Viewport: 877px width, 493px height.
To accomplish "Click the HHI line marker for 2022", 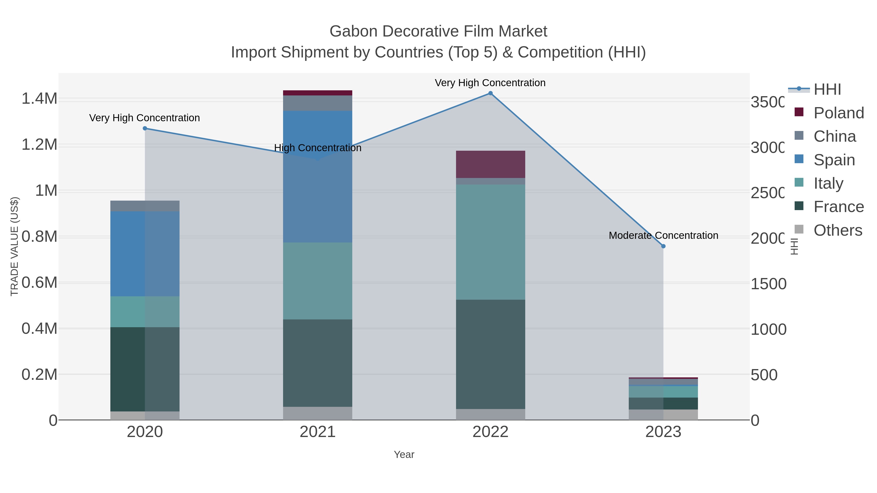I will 490,93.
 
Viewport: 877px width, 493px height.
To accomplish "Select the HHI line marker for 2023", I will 663,246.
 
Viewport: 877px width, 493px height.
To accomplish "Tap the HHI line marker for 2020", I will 145,128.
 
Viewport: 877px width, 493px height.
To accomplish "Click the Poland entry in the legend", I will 839,113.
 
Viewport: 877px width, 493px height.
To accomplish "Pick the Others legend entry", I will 838,230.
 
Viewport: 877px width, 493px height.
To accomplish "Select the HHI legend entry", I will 827,90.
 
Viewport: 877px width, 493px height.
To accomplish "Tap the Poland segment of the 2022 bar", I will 490,164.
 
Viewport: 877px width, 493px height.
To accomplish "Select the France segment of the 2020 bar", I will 145,369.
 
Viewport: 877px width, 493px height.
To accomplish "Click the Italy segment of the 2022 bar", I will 490,242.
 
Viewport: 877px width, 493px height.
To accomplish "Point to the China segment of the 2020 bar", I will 145,206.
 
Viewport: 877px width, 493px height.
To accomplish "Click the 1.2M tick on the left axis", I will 39,145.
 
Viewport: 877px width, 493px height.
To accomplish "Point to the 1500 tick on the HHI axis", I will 768,284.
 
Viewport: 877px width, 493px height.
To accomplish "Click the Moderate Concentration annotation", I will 663,235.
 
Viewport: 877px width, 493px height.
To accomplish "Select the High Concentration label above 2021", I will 318,148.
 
